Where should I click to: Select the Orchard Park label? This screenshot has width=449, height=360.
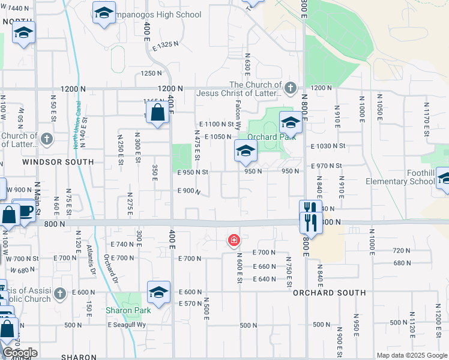click(280, 137)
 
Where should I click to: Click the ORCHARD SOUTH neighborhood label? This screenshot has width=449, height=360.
click(329, 293)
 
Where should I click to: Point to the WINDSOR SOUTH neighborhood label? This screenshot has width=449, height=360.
click(58, 162)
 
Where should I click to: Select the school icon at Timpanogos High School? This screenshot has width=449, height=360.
click(104, 13)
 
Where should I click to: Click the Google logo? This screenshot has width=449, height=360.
click(19, 352)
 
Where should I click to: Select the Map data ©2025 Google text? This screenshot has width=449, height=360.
click(411, 355)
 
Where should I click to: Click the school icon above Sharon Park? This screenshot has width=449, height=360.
click(158, 293)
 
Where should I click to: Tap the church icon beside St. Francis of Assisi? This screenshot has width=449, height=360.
click(59, 293)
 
